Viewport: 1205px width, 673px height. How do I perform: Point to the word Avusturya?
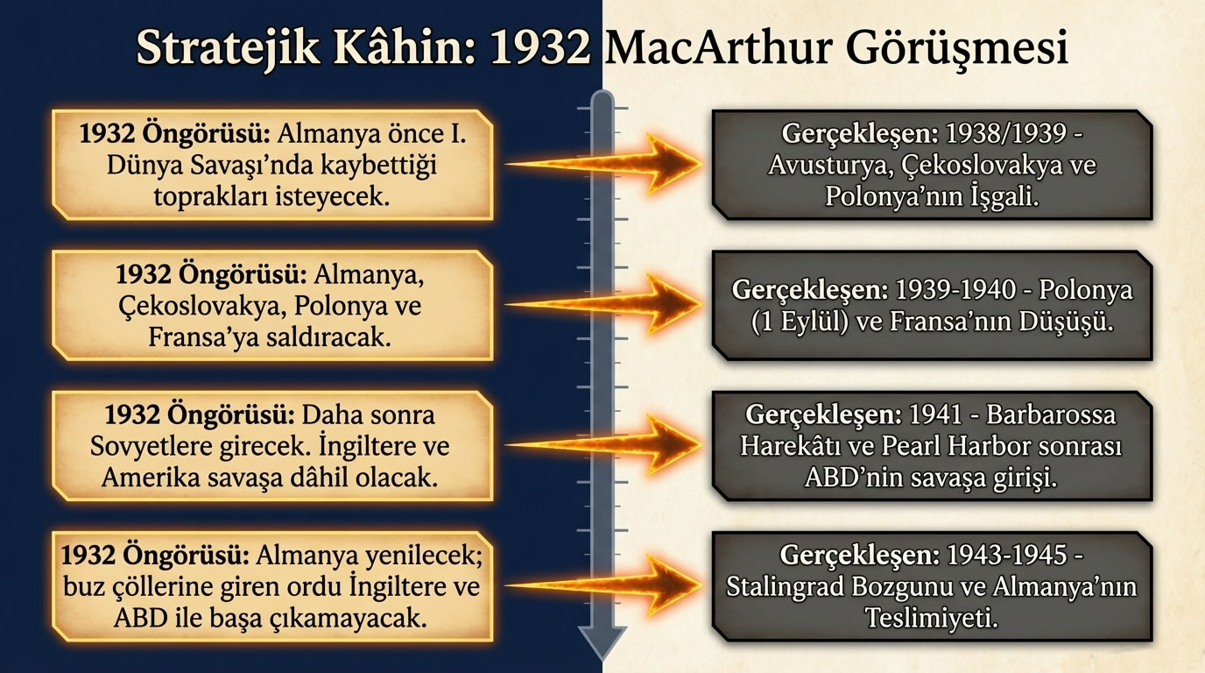pos(820,165)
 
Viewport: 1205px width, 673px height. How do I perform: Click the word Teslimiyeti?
pos(932,616)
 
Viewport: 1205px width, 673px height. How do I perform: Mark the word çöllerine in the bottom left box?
pos(165,586)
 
